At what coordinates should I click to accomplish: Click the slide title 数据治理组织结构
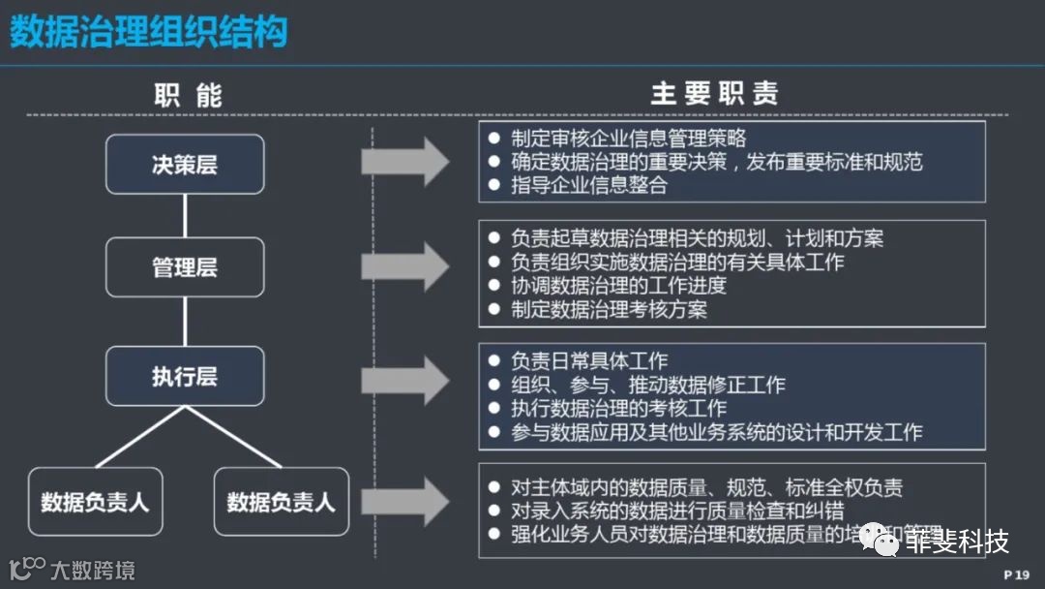pos(149,32)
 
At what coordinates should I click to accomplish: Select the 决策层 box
pos(184,164)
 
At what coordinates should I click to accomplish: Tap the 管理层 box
pos(184,267)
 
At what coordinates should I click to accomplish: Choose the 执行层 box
pos(184,376)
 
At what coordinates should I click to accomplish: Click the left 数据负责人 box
pos(95,502)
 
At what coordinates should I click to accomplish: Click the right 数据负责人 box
pos(281,502)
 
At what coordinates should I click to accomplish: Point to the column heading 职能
pos(189,95)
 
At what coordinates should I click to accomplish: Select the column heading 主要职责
pos(715,94)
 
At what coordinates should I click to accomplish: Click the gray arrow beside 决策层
pos(405,162)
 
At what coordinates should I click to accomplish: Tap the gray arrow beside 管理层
pos(405,266)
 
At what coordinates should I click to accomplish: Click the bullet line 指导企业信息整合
pos(589,185)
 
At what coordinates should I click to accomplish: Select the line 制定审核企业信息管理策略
pos(628,139)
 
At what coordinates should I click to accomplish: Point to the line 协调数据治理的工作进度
pos(618,286)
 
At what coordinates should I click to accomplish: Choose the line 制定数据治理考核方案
pos(609,310)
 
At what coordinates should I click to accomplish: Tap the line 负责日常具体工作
pos(589,361)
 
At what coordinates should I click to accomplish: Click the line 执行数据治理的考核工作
pos(618,409)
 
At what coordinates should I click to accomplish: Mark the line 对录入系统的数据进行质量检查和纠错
pos(677,511)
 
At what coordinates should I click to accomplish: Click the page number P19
pos(1017,574)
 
